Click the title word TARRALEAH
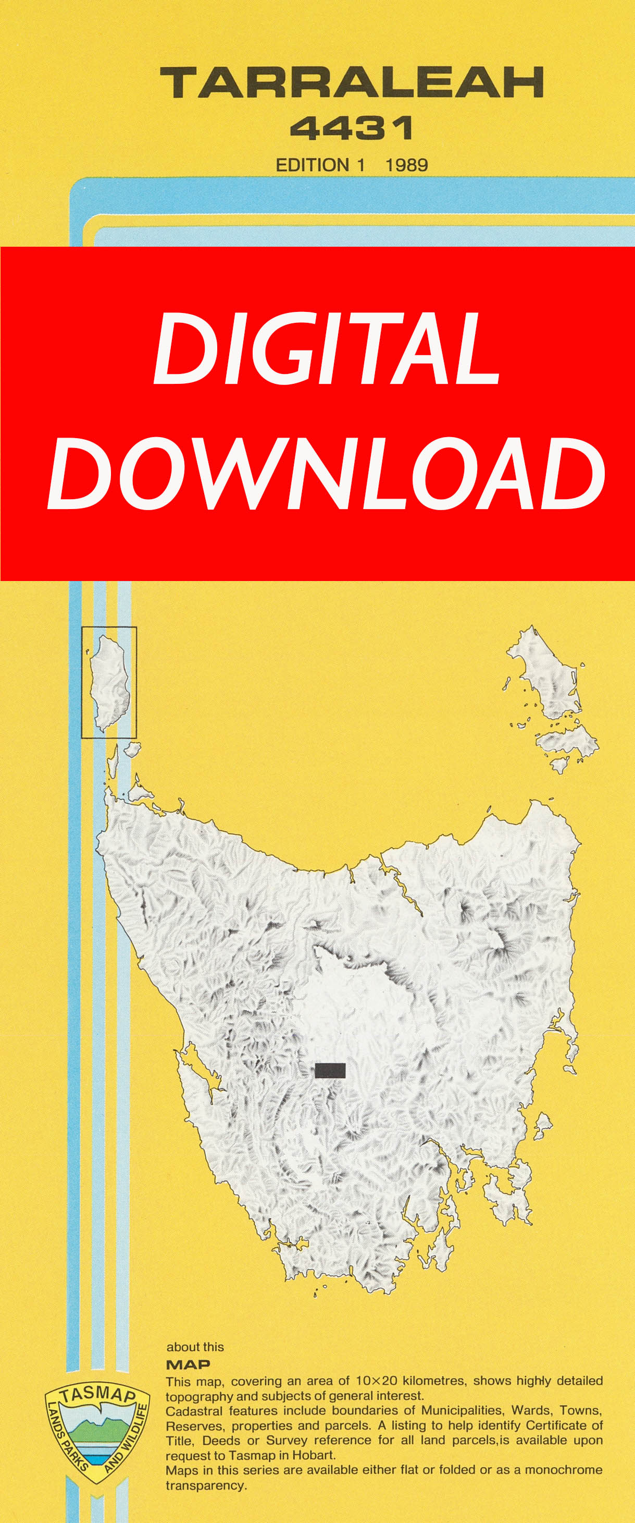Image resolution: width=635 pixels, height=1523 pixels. pyautogui.click(x=352, y=82)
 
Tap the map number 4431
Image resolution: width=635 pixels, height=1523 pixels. pyautogui.click(x=352, y=128)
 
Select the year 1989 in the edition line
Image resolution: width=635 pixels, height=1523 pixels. pyautogui.click(x=406, y=165)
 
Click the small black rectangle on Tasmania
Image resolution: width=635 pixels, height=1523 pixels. pyautogui.click(x=330, y=1070)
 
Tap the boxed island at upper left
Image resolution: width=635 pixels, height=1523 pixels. pyautogui.click(x=109, y=682)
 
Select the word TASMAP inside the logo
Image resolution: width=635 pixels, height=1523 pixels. pyautogui.click(x=97, y=1396)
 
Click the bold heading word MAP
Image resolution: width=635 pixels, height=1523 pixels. pyautogui.click(x=188, y=1364)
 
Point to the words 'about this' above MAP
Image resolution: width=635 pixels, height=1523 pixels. pyautogui.click(x=195, y=1347)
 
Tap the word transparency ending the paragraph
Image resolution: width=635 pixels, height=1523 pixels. pyautogui.click(x=205, y=1485)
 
